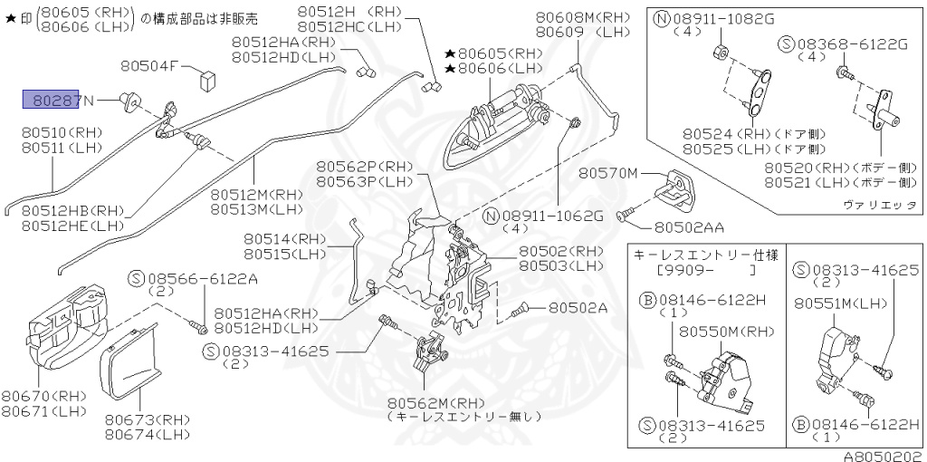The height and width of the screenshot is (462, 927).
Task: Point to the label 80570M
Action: (608, 173)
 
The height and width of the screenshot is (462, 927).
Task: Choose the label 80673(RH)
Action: (147, 419)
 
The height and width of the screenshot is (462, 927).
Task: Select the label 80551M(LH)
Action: (832, 305)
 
